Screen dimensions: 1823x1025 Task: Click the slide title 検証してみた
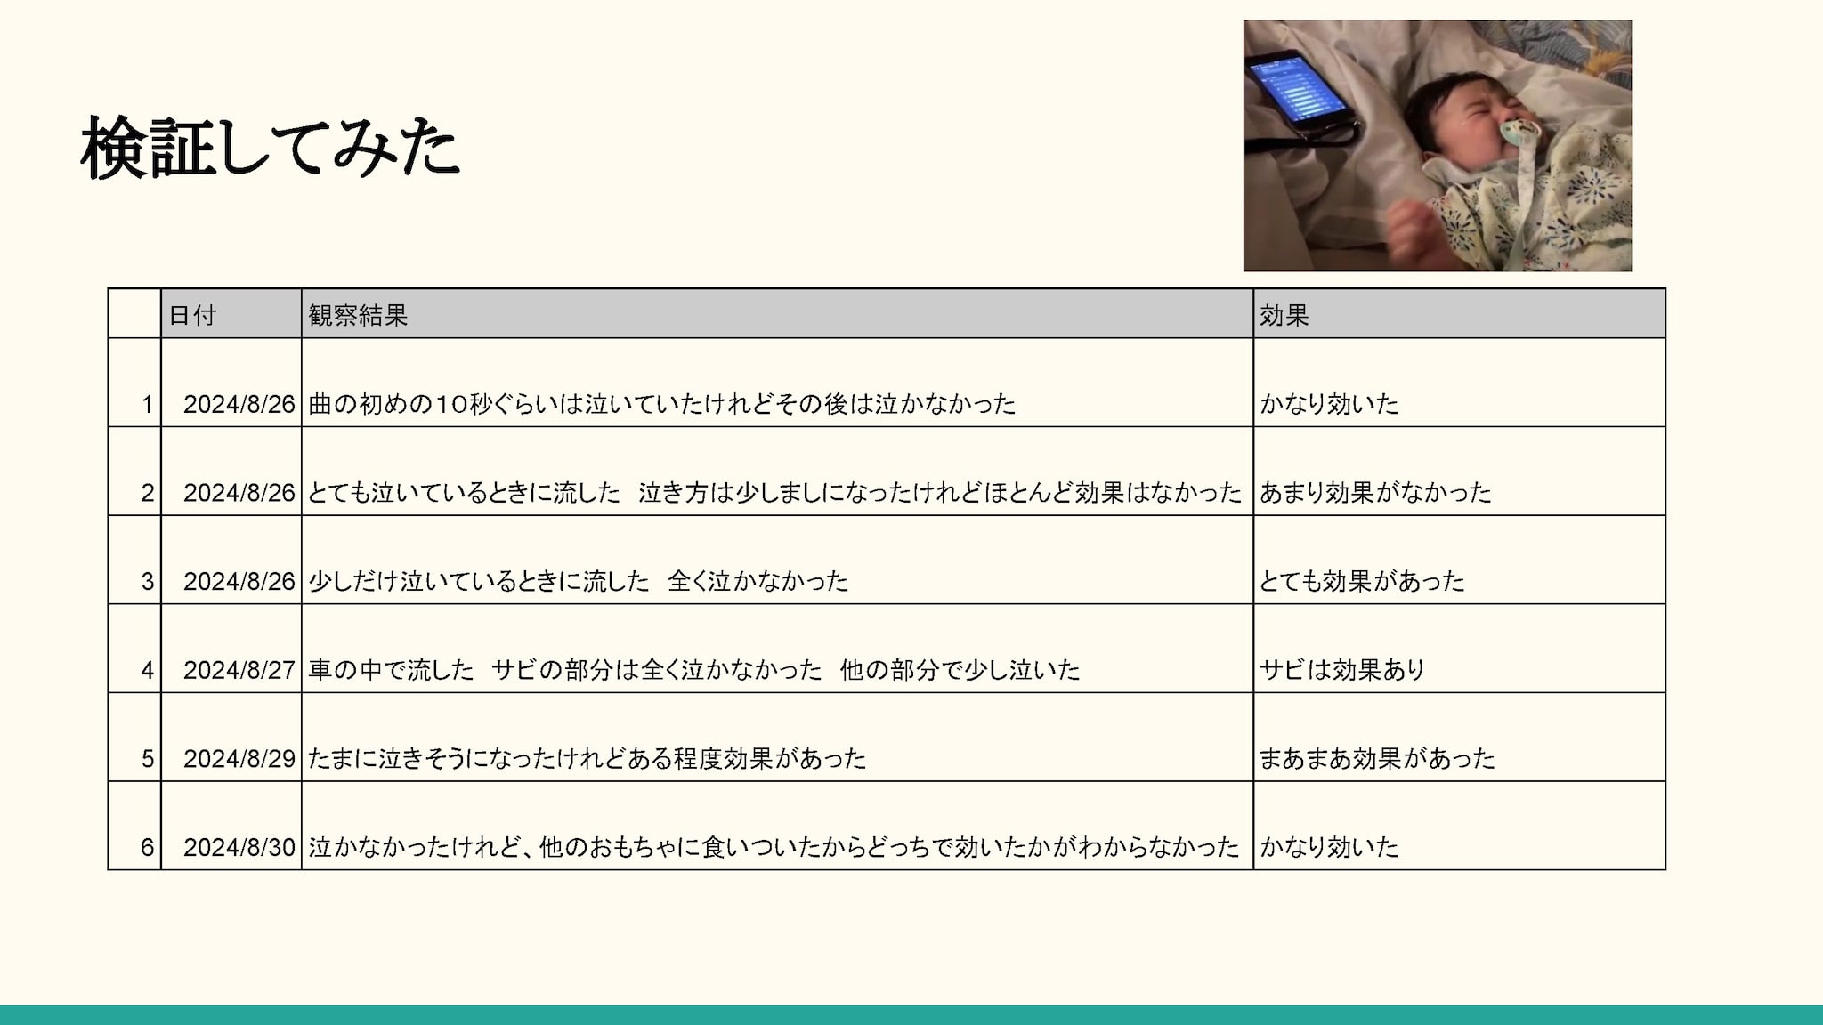click(x=270, y=148)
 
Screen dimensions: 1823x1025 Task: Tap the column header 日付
click(x=192, y=315)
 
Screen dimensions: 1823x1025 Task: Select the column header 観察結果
click(x=358, y=315)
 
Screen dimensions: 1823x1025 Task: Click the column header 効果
click(x=1284, y=315)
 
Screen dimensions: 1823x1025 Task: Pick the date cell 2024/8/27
click(x=239, y=670)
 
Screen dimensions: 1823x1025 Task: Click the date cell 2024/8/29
click(x=239, y=759)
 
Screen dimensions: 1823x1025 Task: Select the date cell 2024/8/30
click(x=239, y=847)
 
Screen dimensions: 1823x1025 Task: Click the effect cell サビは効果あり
click(x=1342, y=670)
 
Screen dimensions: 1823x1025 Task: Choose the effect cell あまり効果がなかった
click(x=1375, y=492)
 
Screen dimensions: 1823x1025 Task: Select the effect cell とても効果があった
click(x=1362, y=581)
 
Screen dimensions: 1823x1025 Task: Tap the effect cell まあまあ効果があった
click(x=1377, y=759)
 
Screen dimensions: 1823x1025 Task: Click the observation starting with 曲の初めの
click(x=662, y=404)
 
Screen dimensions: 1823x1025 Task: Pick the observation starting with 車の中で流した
click(x=694, y=670)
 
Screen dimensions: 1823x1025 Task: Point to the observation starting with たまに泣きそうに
click(x=587, y=759)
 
